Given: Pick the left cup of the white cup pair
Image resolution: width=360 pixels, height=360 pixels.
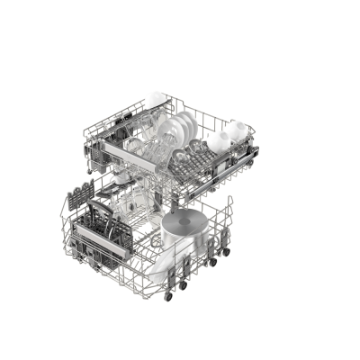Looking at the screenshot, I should coord(218,140).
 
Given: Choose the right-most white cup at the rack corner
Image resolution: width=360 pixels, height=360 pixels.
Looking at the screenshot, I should coord(236,131).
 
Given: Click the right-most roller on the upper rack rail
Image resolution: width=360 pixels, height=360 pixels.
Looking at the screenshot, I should coord(256,153).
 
